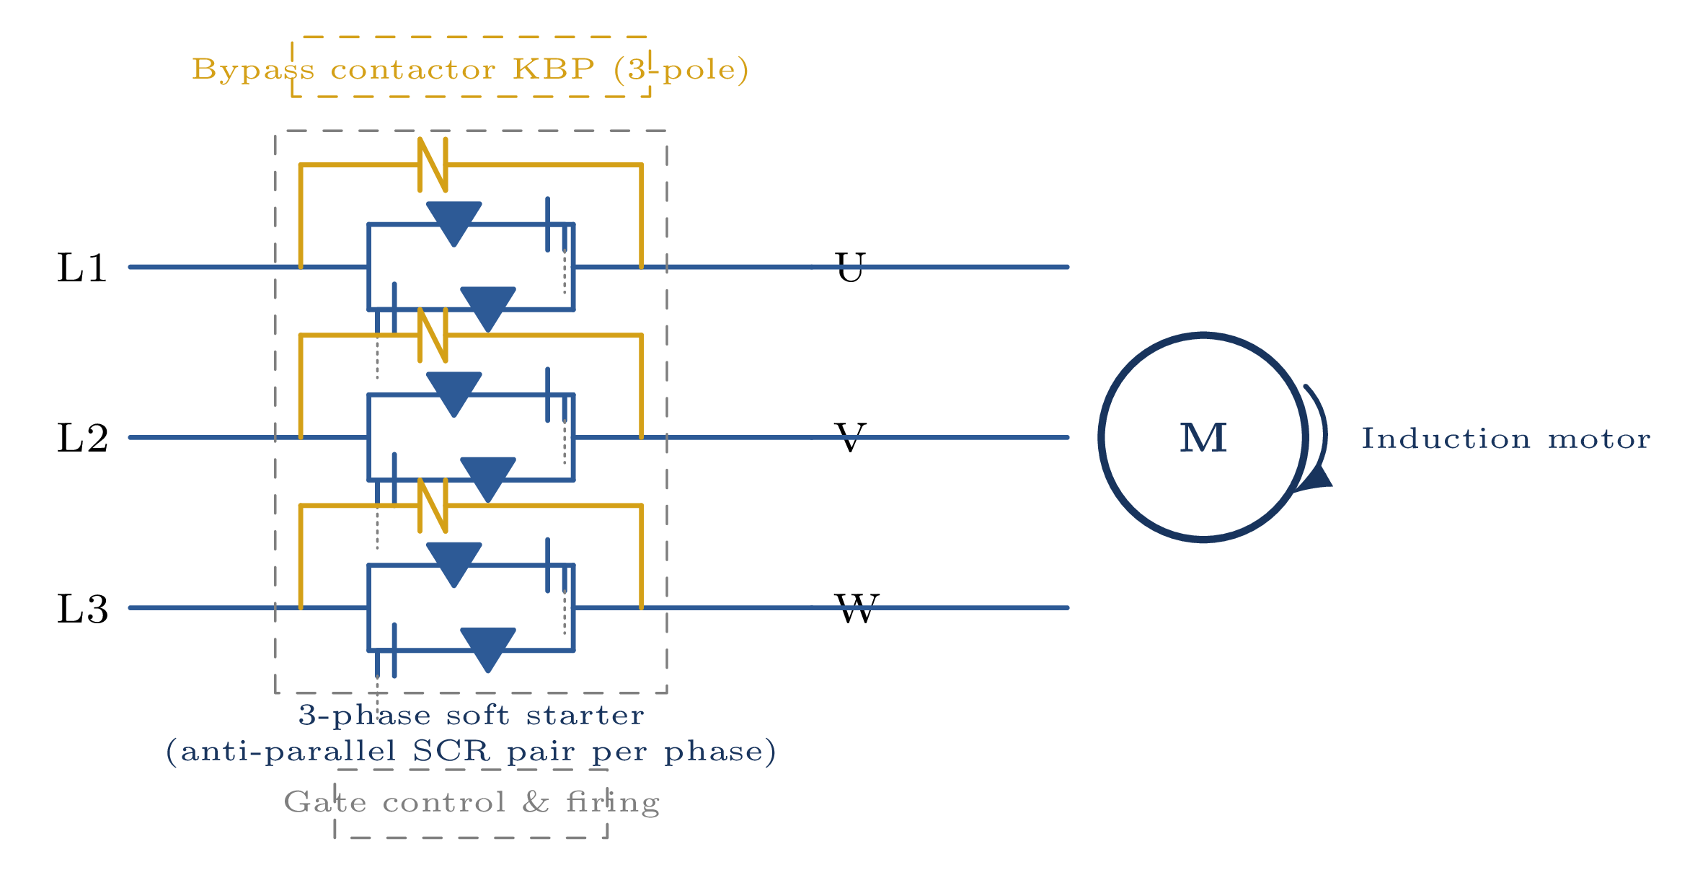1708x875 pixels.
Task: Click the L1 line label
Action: coord(82,268)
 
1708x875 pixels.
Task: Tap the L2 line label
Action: coord(82,439)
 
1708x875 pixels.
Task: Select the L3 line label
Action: coord(82,609)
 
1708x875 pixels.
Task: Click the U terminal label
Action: coord(850,268)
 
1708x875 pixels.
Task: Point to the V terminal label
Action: coord(850,438)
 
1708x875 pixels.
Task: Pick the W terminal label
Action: coord(857,609)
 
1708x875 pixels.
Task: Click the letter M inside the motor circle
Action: coord(1203,438)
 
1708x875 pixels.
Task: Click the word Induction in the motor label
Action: coord(1446,439)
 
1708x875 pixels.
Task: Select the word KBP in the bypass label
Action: coord(554,69)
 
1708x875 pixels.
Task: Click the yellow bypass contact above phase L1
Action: coord(433,165)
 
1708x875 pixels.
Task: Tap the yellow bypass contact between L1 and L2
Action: coord(433,335)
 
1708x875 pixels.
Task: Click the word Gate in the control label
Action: coord(324,802)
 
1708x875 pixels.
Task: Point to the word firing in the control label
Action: coord(613,803)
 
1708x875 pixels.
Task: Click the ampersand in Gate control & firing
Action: coord(536,802)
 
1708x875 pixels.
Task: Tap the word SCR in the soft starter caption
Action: coord(451,752)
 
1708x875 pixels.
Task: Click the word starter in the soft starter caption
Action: coord(585,716)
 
